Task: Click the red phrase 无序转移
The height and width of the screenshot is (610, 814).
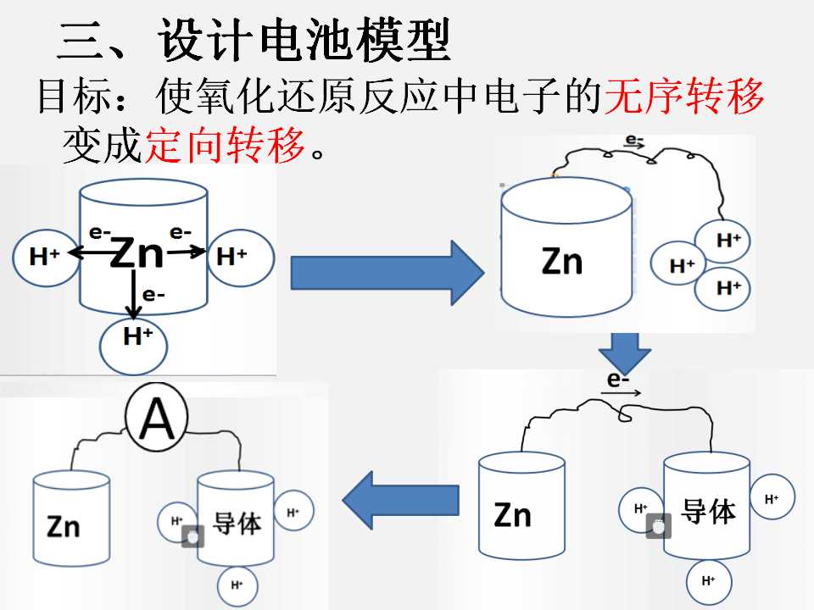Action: point(683,97)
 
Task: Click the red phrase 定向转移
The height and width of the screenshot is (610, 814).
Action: point(224,145)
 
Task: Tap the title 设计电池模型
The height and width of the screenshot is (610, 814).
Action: point(304,40)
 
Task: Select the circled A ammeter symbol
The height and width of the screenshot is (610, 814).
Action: point(157,418)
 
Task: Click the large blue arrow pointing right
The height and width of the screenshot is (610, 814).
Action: point(387,272)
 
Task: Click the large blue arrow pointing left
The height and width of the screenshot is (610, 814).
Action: point(401,500)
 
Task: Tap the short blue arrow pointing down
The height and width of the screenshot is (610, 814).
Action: point(625,352)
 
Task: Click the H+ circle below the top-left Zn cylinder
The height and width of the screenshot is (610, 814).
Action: point(133,345)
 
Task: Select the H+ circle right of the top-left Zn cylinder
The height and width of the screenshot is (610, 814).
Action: point(241,258)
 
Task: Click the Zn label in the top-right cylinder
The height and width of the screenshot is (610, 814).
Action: point(561,261)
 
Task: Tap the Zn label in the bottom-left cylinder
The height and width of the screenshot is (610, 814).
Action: point(64,526)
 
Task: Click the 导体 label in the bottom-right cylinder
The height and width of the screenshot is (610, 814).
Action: point(709,511)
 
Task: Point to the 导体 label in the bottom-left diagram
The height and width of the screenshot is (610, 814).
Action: point(237,523)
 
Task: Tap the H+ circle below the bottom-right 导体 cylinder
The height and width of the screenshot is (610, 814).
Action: point(709,581)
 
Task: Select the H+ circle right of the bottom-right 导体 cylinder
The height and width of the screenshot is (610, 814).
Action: point(772,497)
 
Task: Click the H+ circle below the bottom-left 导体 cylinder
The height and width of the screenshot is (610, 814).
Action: point(237,585)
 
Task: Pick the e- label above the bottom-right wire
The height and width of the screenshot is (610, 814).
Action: point(618,380)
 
